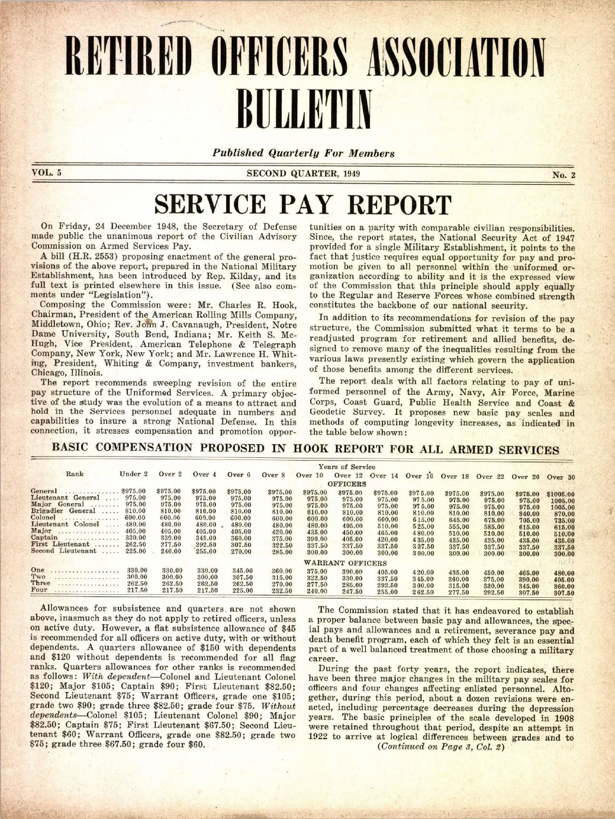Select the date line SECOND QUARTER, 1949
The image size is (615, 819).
point(303,173)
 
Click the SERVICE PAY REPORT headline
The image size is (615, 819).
point(303,205)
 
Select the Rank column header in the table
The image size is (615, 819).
point(74,474)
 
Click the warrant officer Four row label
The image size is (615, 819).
point(39,590)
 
